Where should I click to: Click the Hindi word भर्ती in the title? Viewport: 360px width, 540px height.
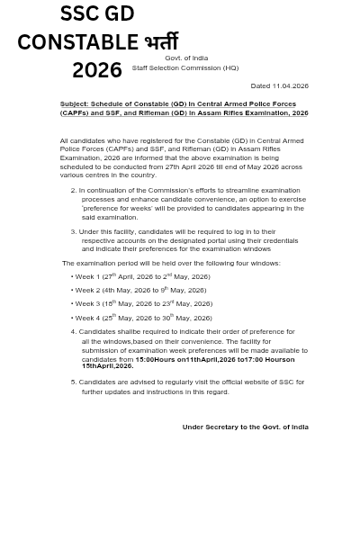(161, 41)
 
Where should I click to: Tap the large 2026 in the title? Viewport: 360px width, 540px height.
(96, 69)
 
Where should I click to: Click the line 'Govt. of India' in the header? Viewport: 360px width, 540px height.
(186, 58)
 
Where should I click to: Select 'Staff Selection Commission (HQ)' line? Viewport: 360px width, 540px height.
(185, 67)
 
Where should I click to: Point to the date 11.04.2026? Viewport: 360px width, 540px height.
(291, 85)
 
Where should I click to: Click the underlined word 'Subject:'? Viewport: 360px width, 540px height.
(74, 104)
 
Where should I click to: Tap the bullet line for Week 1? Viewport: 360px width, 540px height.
(141, 276)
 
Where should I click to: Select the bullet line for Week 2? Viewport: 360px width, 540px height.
(139, 290)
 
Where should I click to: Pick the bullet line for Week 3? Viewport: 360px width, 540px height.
(142, 304)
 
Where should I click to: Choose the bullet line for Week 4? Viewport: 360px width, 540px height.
(142, 318)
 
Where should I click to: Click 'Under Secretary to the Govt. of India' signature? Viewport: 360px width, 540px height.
(245, 427)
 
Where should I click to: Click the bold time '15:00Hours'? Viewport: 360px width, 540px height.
(155, 359)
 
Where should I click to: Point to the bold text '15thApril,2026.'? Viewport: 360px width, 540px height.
(107, 366)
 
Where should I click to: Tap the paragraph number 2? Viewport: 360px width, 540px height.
(73, 191)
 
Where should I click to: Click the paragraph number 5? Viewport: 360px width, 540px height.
(73, 382)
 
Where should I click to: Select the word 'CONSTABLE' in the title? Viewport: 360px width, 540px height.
(77, 41)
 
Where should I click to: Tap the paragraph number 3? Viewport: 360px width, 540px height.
(73, 231)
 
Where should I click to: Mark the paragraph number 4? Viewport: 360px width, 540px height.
(73, 332)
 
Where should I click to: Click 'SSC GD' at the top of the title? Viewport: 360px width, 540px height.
(96, 13)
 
